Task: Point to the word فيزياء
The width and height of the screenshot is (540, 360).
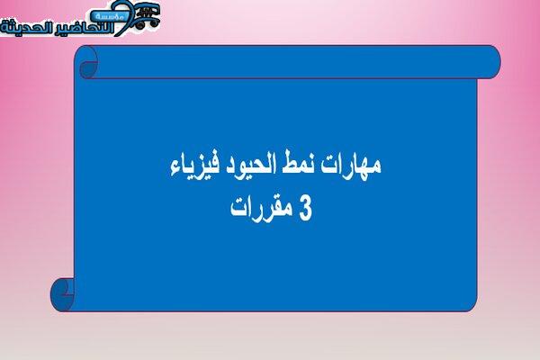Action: (193, 167)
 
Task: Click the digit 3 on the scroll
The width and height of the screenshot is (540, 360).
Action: (305, 209)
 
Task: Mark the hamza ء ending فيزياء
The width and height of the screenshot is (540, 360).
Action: (175, 170)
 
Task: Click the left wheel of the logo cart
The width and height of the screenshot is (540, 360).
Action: (139, 25)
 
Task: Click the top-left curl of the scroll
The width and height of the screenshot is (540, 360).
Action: (86, 62)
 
